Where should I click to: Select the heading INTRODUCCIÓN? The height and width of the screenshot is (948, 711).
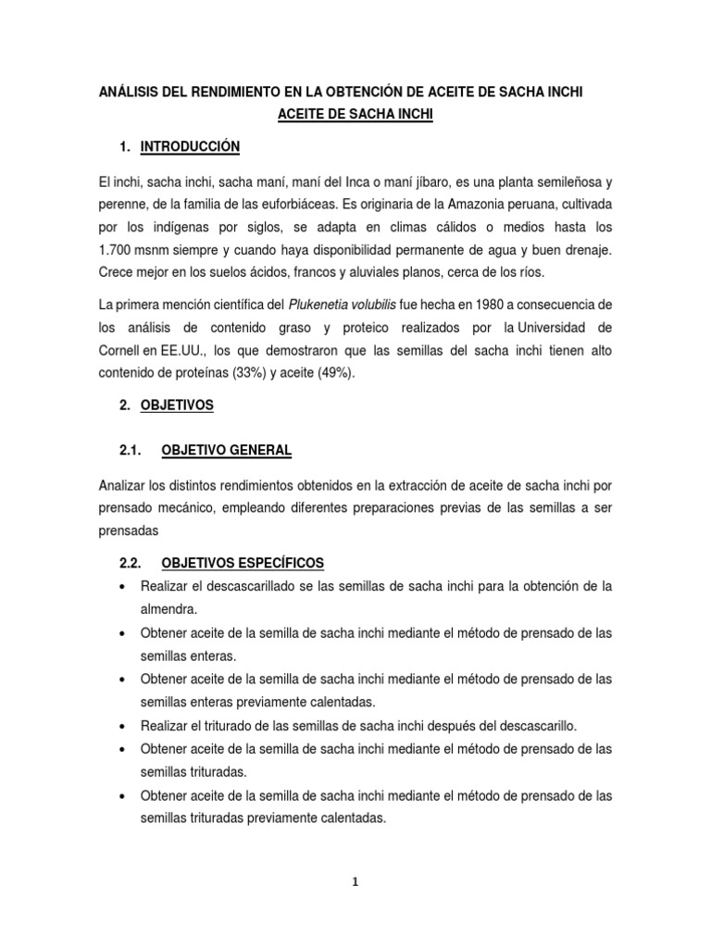(x=190, y=146)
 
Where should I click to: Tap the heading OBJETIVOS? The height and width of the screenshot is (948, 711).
(x=177, y=405)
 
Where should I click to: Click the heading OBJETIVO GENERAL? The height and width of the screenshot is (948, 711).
(x=226, y=450)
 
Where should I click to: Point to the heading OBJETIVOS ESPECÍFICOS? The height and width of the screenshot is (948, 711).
(x=243, y=563)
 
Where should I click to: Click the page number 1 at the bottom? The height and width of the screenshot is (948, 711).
(x=355, y=882)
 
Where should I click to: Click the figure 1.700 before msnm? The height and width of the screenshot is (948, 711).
(x=117, y=250)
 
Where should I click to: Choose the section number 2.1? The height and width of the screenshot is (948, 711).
(x=129, y=450)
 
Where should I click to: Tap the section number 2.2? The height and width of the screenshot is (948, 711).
(x=129, y=563)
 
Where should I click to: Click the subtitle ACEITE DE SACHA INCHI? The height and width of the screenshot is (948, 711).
(x=355, y=116)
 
